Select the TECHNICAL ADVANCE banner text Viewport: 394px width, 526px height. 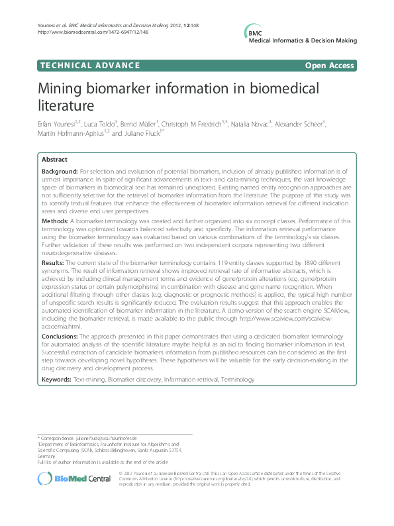pyautogui.click(x=89, y=65)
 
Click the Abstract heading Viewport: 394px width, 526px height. pyautogui.click(x=54, y=160)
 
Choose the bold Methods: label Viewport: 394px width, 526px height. pyautogui.click(x=56, y=219)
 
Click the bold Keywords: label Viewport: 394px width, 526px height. pyautogui.click(x=57, y=380)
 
